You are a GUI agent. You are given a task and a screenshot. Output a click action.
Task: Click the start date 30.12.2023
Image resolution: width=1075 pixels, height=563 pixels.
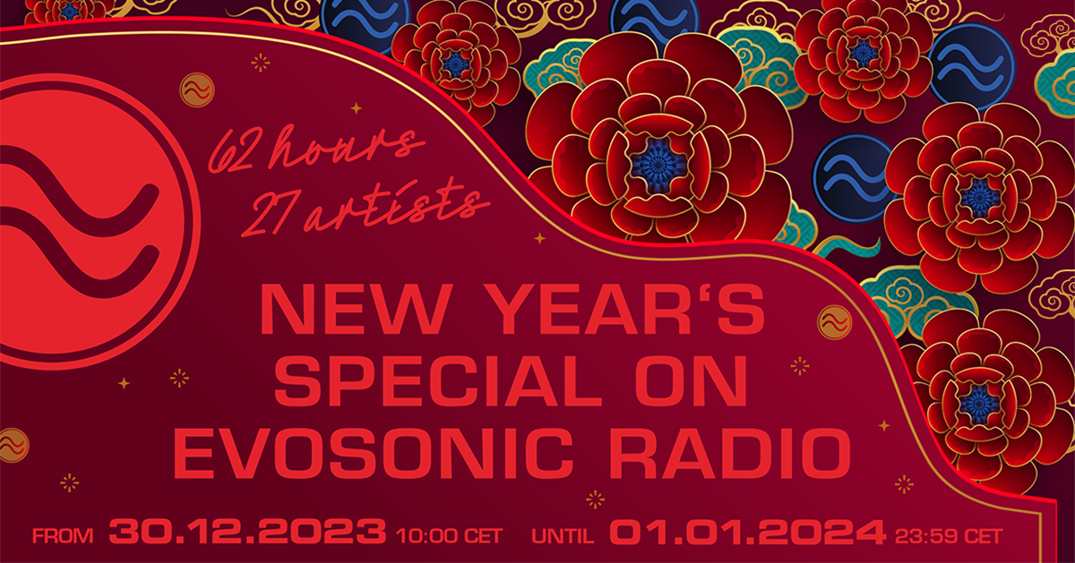[x=247, y=532]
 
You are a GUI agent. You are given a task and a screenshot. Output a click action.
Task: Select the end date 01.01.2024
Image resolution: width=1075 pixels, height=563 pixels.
[x=747, y=532]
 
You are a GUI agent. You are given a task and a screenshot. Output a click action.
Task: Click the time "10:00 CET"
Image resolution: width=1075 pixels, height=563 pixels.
[x=449, y=535]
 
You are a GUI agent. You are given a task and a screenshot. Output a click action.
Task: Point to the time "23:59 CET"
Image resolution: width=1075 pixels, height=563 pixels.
[x=949, y=535]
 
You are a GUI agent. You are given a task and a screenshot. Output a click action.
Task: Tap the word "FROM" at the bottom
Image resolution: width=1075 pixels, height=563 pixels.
[x=63, y=535]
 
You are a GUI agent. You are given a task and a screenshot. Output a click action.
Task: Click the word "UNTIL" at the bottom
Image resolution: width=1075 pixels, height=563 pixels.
[x=563, y=535]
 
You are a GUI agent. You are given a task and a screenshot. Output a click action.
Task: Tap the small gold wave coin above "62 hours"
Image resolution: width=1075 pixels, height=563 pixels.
[x=197, y=90]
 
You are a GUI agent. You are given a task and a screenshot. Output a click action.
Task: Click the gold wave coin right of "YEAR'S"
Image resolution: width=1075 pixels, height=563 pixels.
[x=834, y=322]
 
